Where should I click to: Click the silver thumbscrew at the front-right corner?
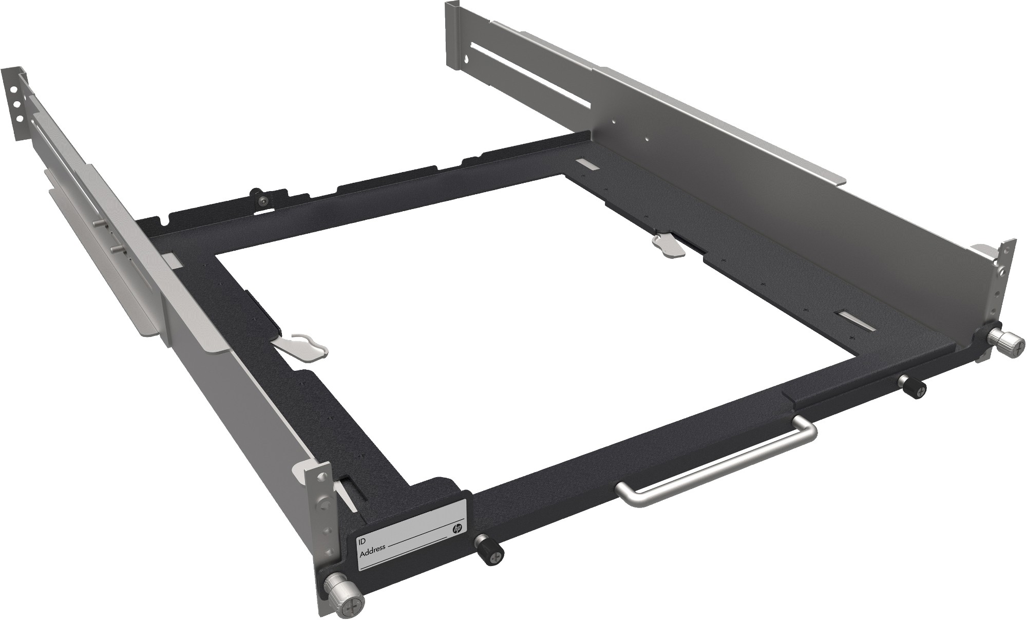(1003, 340)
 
